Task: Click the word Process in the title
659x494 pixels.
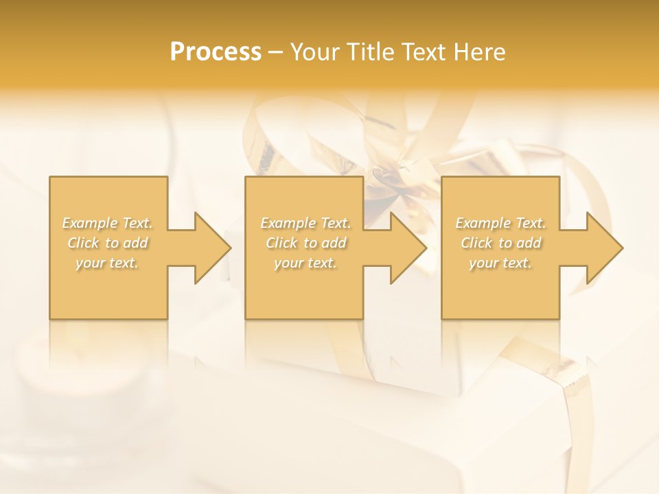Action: pos(216,52)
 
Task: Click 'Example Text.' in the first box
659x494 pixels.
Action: pos(108,223)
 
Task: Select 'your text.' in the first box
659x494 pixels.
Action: pos(108,263)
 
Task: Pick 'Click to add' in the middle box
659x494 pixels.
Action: pos(305,243)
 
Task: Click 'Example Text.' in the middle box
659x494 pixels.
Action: pos(305,223)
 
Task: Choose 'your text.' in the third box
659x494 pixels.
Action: pos(500,263)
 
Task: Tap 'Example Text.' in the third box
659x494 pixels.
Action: pos(500,223)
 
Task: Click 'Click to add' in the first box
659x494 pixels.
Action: pos(108,243)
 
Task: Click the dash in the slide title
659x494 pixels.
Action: pos(275,53)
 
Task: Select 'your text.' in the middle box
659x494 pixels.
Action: pos(305,263)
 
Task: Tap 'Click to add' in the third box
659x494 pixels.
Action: pos(500,243)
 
